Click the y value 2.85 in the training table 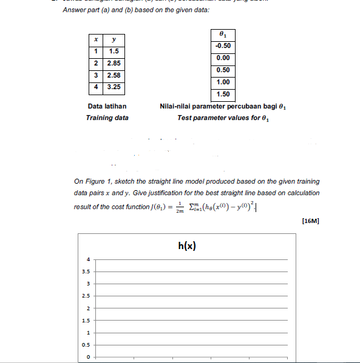[114, 63]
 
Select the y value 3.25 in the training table [114, 87]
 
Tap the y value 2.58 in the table [114, 75]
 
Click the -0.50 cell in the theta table [223, 46]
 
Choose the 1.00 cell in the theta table [223, 82]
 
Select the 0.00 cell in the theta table [223, 58]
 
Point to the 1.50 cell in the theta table [223, 94]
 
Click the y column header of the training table [114, 40]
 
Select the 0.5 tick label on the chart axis [87, 345]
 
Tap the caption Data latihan [107, 107]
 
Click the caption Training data [107, 118]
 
